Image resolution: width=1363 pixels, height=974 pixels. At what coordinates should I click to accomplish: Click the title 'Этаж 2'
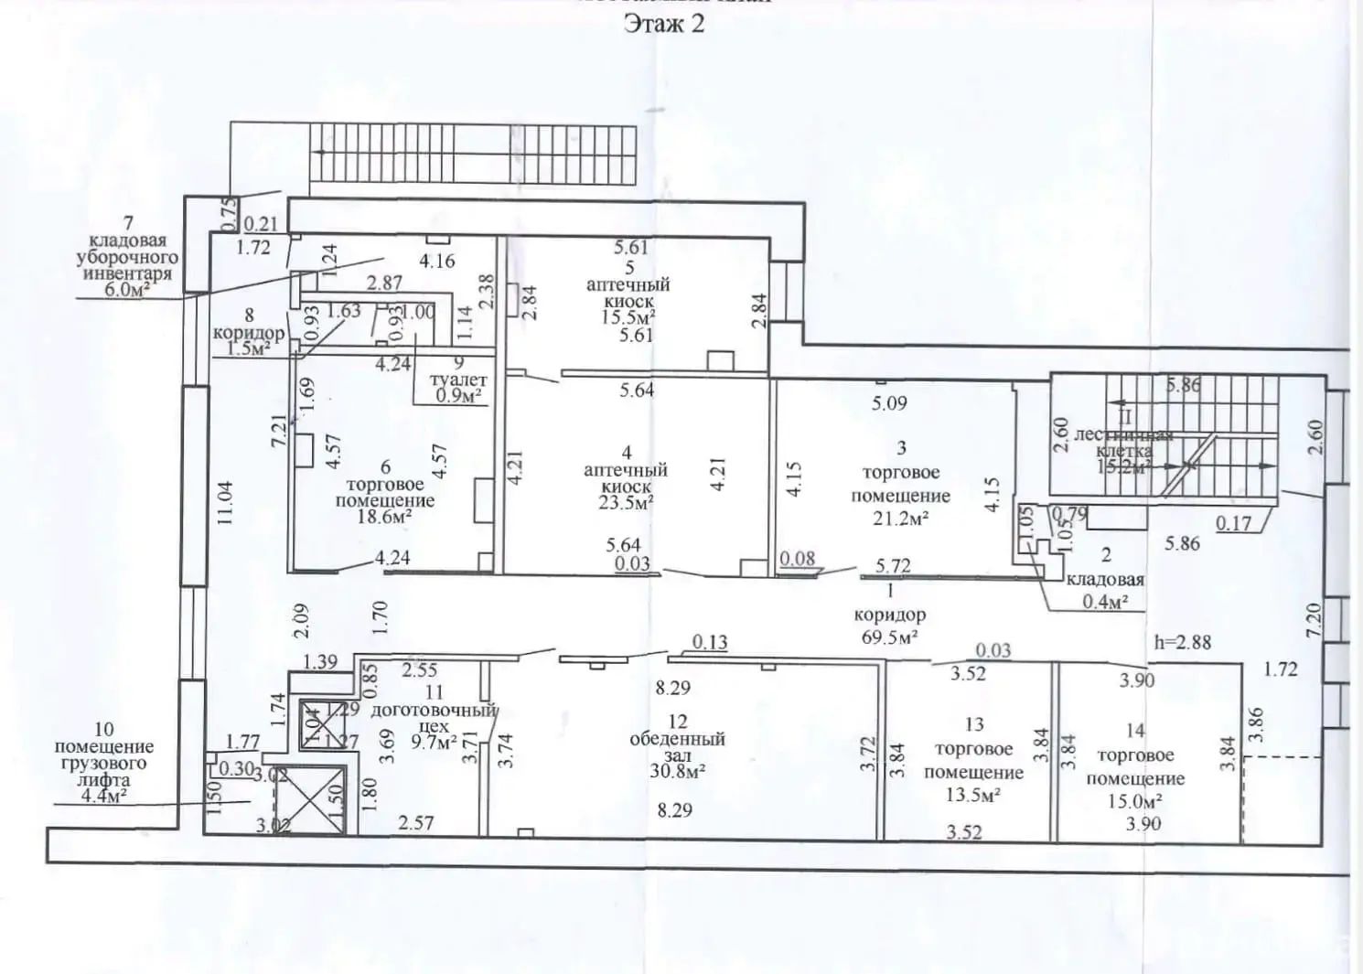point(664,24)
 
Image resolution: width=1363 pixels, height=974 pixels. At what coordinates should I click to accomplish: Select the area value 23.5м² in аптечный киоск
point(627,503)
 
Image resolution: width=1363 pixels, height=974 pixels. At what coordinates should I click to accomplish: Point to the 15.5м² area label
point(629,317)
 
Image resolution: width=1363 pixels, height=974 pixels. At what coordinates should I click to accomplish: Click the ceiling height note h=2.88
point(1182,642)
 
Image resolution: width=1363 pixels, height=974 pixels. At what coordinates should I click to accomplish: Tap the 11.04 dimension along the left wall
point(226,502)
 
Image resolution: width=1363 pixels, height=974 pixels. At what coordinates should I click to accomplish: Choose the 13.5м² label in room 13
point(972,794)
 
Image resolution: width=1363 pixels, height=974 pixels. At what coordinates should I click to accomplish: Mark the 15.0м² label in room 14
point(1134,801)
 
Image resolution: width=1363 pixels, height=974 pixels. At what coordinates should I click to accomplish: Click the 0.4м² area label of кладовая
point(1105,601)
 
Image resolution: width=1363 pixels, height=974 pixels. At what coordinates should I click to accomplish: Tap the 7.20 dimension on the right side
point(1314,620)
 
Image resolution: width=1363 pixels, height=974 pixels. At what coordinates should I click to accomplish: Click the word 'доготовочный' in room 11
point(434,710)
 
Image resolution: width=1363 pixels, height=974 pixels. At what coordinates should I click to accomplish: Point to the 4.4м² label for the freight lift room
point(102,797)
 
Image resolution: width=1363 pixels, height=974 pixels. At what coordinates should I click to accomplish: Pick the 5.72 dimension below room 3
point(893,566)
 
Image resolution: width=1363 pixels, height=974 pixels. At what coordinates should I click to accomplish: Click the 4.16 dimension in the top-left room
point(436,261)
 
